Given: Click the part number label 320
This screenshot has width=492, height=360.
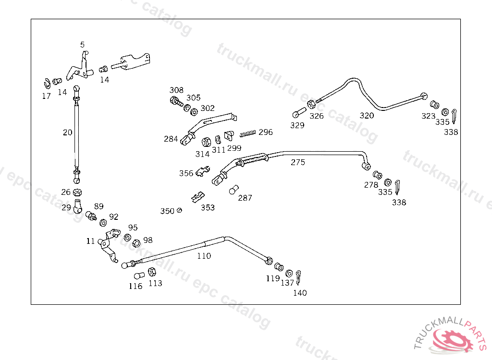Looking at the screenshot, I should [367, 115].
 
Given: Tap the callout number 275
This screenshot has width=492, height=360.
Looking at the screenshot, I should [297, 162].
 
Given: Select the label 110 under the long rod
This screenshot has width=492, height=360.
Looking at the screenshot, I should [204, 256].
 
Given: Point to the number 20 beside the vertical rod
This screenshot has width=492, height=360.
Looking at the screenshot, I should [67, 132].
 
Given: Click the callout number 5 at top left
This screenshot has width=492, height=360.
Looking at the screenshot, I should [82, 45].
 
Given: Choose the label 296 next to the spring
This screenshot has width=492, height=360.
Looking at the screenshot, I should [265, 132].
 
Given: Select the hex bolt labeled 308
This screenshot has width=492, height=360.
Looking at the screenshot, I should [175, 101].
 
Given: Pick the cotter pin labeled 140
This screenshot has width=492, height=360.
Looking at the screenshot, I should [299, 276].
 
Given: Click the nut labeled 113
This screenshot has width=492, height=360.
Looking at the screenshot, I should [151, 272].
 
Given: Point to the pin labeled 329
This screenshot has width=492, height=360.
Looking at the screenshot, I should [297, 114].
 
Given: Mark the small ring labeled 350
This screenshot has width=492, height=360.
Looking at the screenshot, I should [179, 210].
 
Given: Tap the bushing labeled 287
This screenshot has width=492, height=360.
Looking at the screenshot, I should [234, 190].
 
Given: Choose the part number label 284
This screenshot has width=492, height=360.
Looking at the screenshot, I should [171, 139].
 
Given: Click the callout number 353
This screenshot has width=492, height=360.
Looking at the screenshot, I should [208, 208].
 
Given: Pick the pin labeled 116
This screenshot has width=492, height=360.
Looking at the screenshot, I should [138, 276].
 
